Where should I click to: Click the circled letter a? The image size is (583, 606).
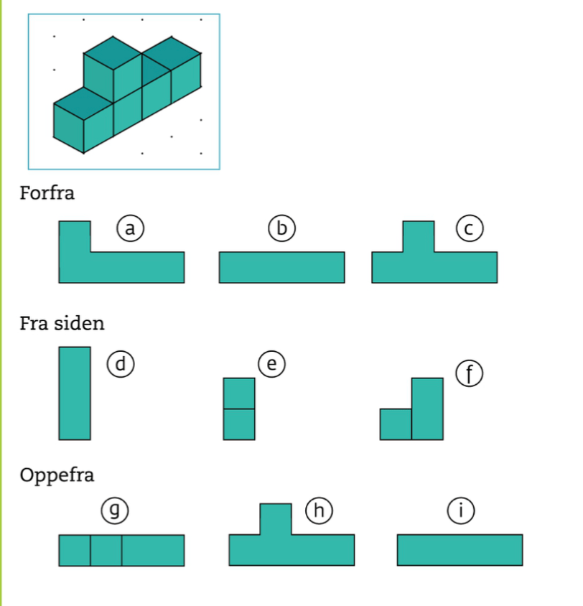point(129,228)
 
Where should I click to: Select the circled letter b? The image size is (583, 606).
point(282,228)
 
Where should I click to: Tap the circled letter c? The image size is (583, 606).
point(467,229)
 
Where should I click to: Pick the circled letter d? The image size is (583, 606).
point(121,364)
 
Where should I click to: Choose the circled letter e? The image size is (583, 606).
point(271,365)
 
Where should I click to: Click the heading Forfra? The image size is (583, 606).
point(47,193)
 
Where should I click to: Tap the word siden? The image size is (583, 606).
point(80,323)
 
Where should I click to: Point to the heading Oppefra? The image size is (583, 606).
point(57,475)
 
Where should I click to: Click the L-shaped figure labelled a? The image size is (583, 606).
point(122,267)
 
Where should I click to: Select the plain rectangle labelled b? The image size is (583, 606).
point(281,267)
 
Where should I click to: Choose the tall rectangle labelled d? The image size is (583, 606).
point(75,393)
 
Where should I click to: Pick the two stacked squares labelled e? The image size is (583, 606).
point(239,409)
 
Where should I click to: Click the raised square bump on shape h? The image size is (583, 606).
point(276,519)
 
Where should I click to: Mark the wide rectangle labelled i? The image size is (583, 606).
point(460,550)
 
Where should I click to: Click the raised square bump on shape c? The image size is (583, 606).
point(419,237)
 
